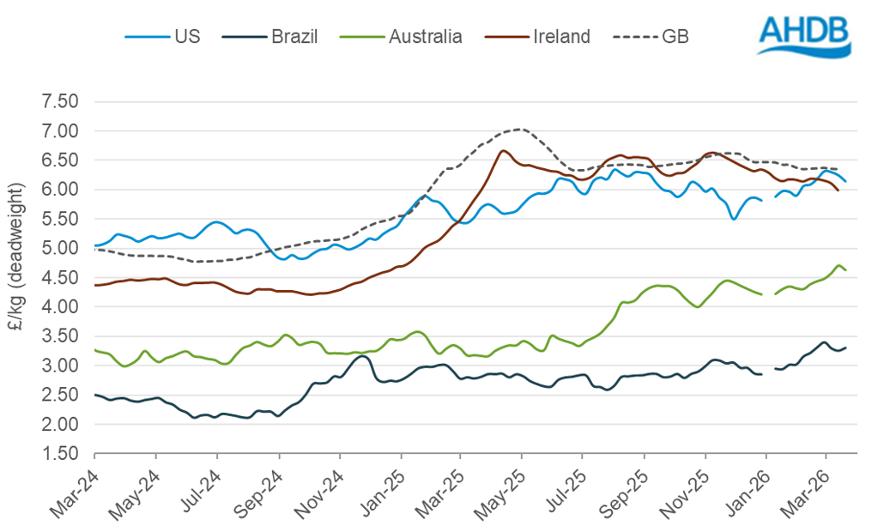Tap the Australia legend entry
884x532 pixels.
[x=403, y=36]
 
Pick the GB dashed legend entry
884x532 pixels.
[x=653, y=36]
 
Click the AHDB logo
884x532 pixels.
[x=803, y=35]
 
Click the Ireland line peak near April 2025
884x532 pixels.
[x=503, y=151]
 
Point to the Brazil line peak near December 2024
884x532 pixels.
[x=363, y=355]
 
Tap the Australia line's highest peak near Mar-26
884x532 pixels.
[x=839, y=265]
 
